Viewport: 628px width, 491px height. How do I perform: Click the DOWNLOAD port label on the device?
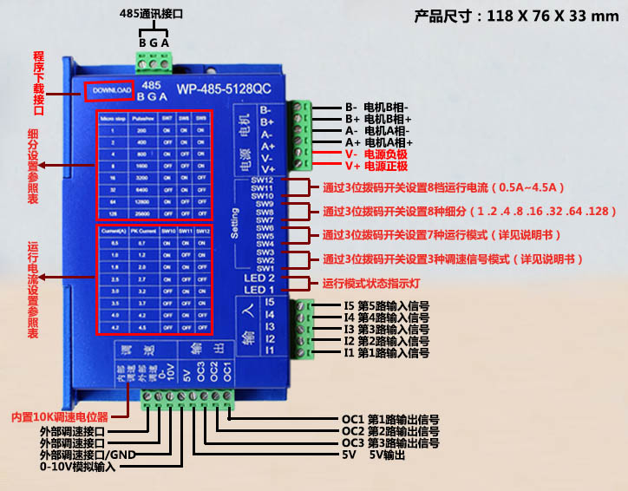tap(109, 90)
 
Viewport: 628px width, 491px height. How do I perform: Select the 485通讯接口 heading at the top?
tap(153, 15)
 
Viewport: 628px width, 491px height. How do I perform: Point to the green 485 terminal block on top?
tap(154, 63)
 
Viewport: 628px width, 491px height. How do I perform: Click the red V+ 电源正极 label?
tap(376, 166)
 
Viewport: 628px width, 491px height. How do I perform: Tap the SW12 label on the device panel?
tap(262, 180)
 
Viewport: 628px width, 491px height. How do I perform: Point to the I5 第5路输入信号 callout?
tap(386, 306)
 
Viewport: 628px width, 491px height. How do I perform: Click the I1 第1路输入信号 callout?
tap(386, 353)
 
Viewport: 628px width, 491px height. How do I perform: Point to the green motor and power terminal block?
tap(301, 134)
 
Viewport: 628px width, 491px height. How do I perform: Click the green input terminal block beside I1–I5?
tap(305, 329)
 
